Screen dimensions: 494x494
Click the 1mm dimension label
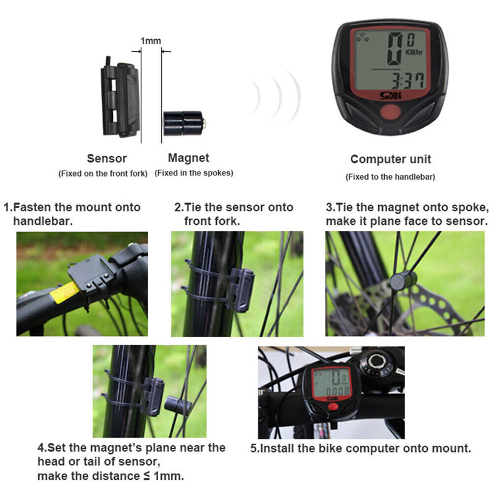pyautogui.click(x=151, y=41)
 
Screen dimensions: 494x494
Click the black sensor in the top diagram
pyautogui.click(x=120, y=99)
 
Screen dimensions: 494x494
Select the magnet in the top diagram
pyautogui.click(x=183, y=123)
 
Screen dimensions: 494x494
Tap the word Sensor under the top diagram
pyautogui.click(x=107, y=159)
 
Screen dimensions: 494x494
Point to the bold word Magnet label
pyautogui.click(x=189, y=159)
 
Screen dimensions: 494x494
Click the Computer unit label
pyautogui.click(x=390, y=159)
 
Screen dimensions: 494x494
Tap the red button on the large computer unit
pyautogui.click(x=390, y=112)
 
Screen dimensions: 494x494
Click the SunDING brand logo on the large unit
pyautogui.click(x=390, y=96)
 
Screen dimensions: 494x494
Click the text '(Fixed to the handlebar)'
pyautogui.click(x=390, y=177)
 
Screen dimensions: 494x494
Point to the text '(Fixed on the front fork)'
pyautogui.click(x=103, y=174)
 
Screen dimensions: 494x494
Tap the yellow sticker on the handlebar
pyautogui.click(x=64, y=291)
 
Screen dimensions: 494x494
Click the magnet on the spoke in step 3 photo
pyautogui.click(x=403, y=281)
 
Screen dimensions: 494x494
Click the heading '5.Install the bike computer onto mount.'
pyautogui.click(x=361, y=448)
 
